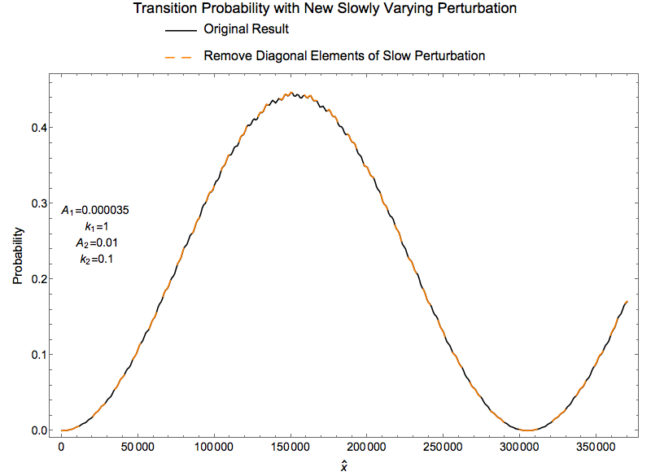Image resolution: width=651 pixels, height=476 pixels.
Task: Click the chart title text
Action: click(x=325, y=8)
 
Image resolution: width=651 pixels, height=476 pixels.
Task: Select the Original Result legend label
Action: click(x=247, y=29)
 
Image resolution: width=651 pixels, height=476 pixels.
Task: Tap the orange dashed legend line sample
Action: click(x=178, y=57)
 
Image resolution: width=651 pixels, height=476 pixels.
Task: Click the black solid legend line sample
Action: click(x=181, y=30)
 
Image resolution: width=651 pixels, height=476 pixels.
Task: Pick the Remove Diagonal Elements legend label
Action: click(x=344, y=55)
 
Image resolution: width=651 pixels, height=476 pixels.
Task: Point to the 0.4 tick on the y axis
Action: click(x=39, y=128)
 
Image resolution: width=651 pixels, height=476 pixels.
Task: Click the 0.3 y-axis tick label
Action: click(x=39, y=203)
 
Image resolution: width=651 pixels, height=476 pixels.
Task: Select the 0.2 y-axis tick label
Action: click(x=39, y=279)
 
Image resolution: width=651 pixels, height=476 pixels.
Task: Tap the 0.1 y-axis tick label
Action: click(x=39, y=355)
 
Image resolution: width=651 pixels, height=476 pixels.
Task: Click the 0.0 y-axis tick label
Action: click(x=39, y=430)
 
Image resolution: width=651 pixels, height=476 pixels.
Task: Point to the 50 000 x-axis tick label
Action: click(x=138, y=447)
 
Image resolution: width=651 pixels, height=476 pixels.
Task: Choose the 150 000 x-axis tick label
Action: click(x=291, y=447)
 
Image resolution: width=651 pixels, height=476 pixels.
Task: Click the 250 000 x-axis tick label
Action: click(x=443, y=447)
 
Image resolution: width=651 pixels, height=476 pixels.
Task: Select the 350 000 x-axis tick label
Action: click(x=596, y=447)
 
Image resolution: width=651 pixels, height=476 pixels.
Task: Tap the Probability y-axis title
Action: click(x=18, y=255)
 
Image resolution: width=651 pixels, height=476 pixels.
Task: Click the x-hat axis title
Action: click(x=343, y=465)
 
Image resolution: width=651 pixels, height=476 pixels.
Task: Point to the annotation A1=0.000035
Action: click(x=95, y=211)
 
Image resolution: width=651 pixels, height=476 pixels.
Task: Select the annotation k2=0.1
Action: click(x=96, y=260)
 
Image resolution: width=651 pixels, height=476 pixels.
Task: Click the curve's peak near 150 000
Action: click(x=291, y=93)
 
